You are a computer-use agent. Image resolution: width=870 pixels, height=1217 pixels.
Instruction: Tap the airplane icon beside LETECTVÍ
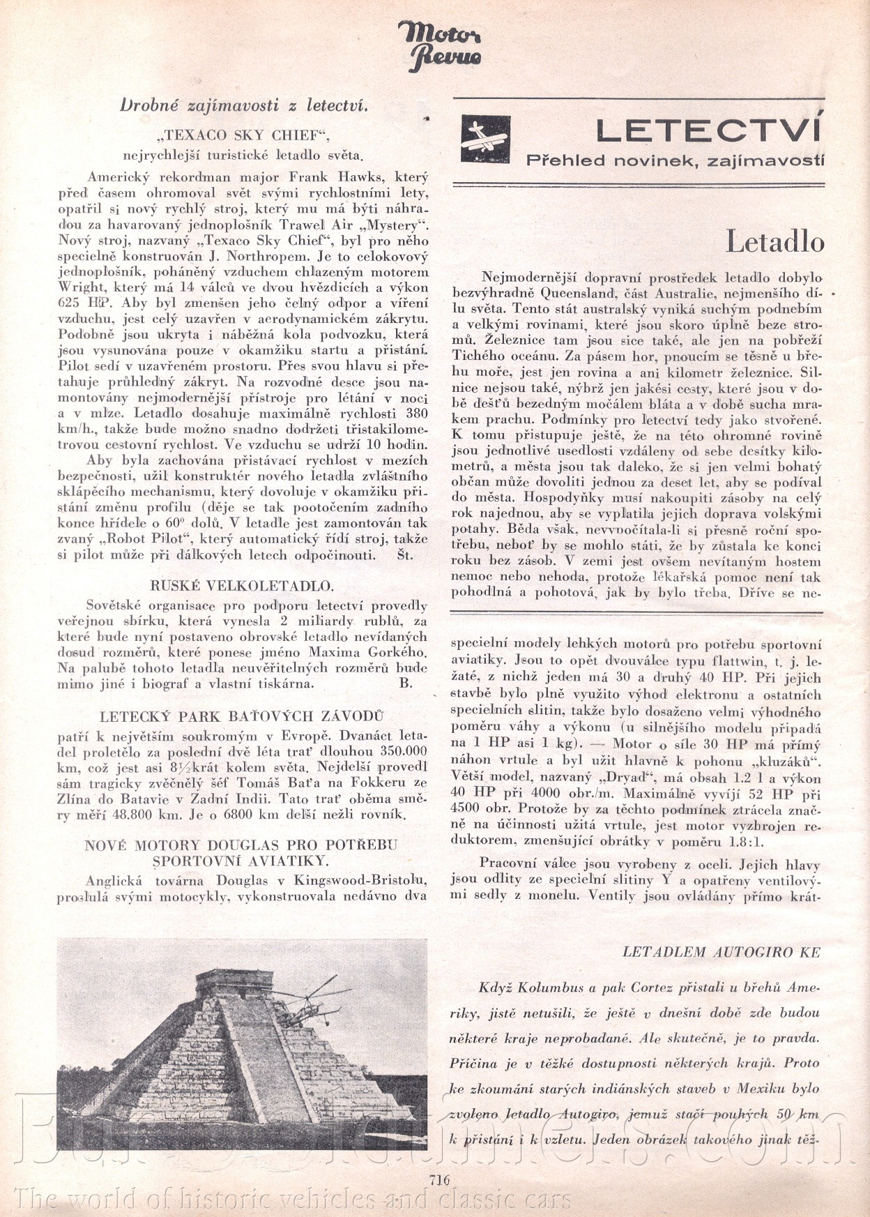485,138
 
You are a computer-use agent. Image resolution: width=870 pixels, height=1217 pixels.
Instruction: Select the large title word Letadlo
774,241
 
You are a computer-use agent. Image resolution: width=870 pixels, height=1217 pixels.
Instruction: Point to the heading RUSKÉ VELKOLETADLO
242,585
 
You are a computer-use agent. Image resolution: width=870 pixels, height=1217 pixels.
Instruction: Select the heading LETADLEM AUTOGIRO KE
721,952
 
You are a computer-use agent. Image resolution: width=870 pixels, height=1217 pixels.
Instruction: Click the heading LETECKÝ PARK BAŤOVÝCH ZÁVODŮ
242,716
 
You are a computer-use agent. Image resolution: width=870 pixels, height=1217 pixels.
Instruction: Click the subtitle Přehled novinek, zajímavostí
675,161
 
